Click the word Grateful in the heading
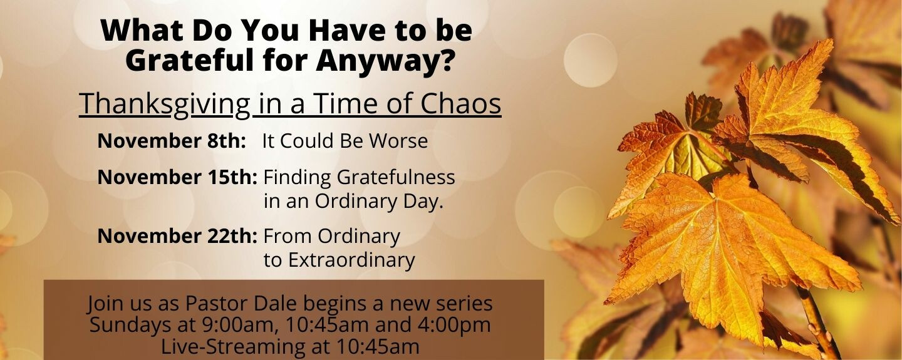click(x=190, y=60)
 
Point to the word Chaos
click(x=460, y=103)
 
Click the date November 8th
click(x=172, y=140)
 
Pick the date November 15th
click(x=177, y=177)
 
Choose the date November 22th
click(x=177, y=235)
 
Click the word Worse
click(x=398, y=141)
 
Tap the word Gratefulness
click(x=396, y=177)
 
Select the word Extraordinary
click(x=351, y=260)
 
